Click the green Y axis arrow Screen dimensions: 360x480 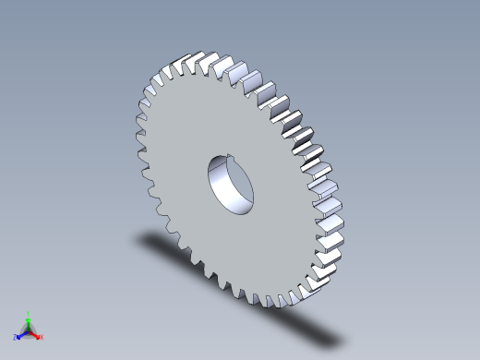(29, 320)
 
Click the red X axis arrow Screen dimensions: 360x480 (36, 334)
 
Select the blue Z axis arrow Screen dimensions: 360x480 (21, 334)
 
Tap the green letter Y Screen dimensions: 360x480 (29, 313)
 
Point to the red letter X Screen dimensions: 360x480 (42, 337)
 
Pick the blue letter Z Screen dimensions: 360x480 (16, 338)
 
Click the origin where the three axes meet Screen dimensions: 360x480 (29, 330)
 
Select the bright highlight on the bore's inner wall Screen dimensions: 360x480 (229, 188)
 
